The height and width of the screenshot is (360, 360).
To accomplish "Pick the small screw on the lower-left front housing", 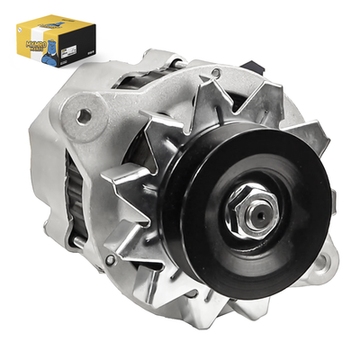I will [110, 262].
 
